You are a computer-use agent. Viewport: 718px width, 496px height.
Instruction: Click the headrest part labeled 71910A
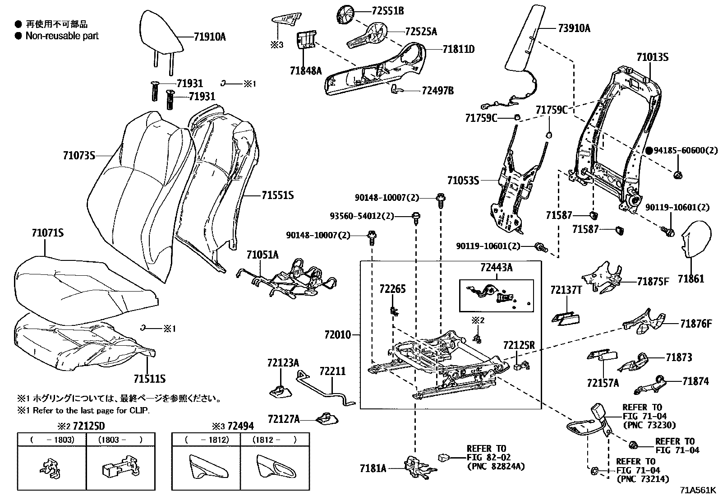[162, 32]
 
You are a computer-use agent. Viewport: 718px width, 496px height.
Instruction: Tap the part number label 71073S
[79, 156]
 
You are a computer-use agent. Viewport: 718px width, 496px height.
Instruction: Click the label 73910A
[574, 29]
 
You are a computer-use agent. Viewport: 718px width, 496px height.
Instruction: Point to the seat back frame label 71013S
[652, 57]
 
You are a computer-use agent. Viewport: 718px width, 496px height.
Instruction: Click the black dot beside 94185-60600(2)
[649, 151]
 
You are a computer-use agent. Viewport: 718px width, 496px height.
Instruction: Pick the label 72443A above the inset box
[496, 268]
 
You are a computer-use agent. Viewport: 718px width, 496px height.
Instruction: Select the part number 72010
[337, 335]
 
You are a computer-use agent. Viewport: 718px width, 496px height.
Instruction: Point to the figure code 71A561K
[698, 490]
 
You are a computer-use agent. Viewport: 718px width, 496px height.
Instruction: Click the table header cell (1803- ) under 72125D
[120, 440]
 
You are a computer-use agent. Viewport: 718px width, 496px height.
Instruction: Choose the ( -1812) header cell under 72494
[206, 440]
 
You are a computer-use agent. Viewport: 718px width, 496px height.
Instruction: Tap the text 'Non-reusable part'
[62, 36]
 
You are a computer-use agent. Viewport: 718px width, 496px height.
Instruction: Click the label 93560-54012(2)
[368, 216]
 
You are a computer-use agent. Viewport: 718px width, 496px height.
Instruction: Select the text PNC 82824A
[496, 466]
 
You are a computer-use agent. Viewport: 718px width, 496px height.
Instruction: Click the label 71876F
[696, 323]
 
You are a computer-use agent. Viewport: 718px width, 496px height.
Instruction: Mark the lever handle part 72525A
[368, 36]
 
